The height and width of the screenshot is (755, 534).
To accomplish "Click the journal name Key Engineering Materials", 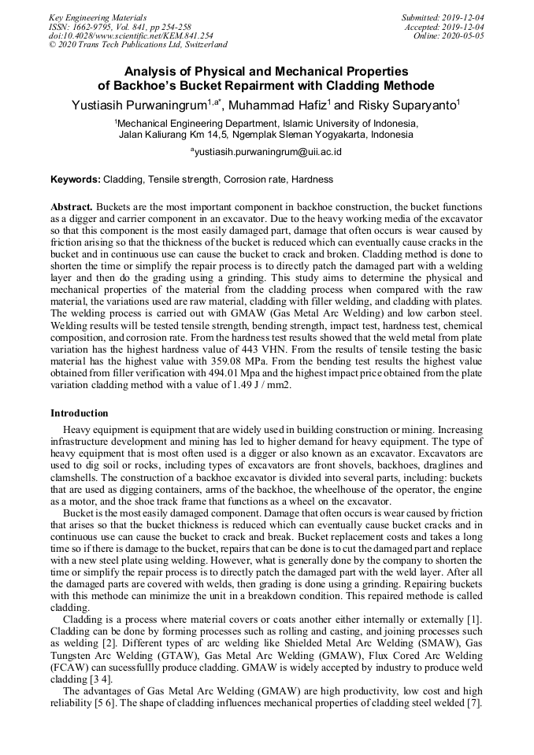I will [x=98, y=17].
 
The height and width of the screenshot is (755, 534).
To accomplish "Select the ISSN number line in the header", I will [x=119, y=26].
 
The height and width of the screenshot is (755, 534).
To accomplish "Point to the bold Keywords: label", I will [x=76, y=179].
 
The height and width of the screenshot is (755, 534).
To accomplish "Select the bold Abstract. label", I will [x=72, y=205].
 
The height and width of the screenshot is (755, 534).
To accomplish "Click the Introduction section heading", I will [x=80, y=413].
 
